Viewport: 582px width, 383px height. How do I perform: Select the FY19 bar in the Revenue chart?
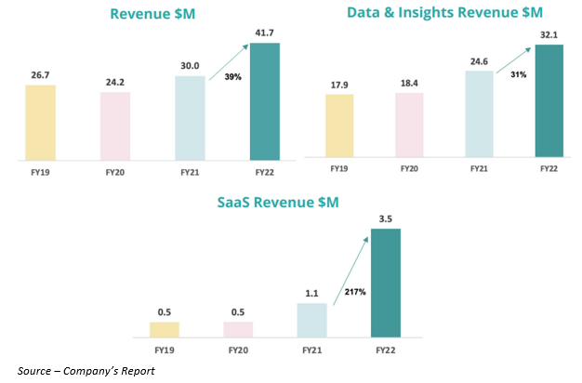point(42,122)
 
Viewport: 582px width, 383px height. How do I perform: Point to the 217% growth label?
point(354,293)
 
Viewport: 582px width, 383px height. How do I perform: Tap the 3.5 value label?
point(386,218)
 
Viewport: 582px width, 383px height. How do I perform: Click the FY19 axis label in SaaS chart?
point(165,350)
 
